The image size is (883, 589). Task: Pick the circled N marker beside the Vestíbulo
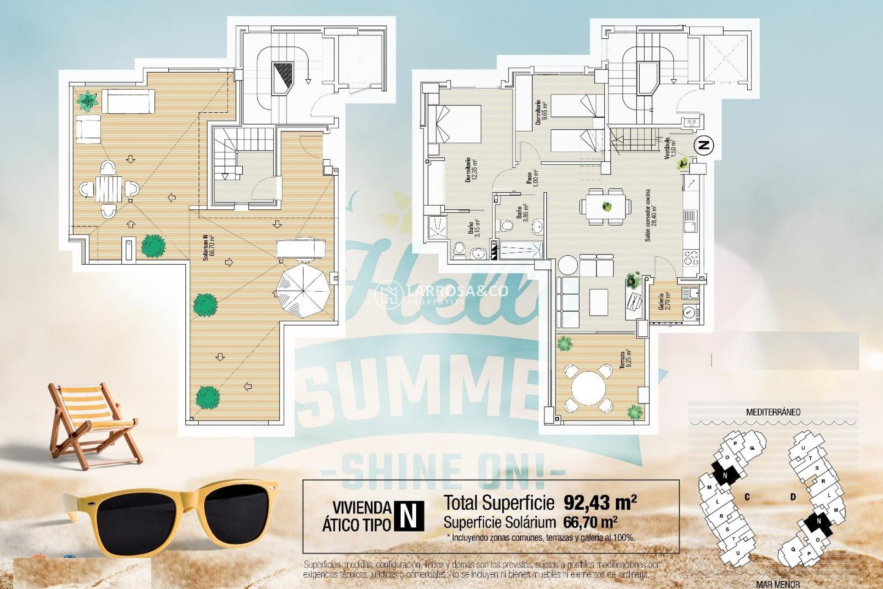[x=704, y=145]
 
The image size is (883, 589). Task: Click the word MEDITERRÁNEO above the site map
[x=773, y=412]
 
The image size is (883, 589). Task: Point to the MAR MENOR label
[x=777, y=585]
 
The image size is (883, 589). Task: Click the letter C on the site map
[x=747, y=497]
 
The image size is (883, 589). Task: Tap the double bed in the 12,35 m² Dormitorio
[x=455, y=124]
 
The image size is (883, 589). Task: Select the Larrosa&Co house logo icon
[x=389, y=294]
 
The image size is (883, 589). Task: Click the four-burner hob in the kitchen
[x=690, y=258]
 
